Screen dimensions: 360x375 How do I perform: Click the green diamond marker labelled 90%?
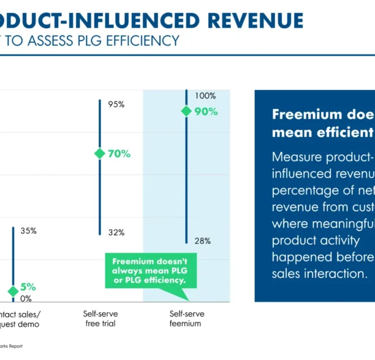coord(186,111)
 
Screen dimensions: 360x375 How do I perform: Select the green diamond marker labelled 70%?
coord(99,154)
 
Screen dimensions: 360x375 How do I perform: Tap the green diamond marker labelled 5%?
coord(13,291)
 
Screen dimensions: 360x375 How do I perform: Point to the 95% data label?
coord(116,104)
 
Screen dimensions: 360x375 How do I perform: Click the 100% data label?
coord(205,96)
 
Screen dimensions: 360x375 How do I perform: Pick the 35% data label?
coord(28,231)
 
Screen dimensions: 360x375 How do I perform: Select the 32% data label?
coord(116,232)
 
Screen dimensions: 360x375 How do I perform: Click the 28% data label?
coord(203,241)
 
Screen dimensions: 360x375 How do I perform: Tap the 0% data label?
coord(26,299)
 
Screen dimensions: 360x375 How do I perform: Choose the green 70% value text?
coord(119,154)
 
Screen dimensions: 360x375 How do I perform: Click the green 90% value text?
coord(206,111)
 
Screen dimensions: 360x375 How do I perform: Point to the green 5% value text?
coord(28,287)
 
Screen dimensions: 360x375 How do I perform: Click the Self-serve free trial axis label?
coord(100,318)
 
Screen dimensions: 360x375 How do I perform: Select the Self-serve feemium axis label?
coord(186,318)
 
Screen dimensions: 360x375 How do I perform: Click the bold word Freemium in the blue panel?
coord(306,114)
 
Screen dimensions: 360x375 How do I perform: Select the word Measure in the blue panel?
coord(297,156)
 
